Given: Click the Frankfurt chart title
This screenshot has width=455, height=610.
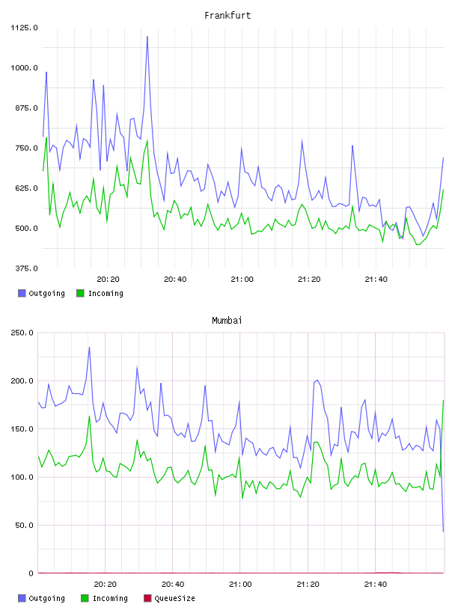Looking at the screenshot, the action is click(x=227, y=16).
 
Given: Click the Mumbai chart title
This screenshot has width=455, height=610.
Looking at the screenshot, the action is click(x=227, y=321).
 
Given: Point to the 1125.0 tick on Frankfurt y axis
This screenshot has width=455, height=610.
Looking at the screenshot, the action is click(x=24, y=28).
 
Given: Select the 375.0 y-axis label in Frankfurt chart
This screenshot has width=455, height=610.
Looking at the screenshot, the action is click(x=26, y=268).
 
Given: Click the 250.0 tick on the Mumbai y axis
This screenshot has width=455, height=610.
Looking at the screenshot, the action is click(x=22, y=333).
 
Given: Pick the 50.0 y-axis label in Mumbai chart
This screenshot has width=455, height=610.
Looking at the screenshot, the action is click(x=24, y=526).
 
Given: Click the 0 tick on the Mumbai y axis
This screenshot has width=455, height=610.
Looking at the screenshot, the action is click(x=31, y=573).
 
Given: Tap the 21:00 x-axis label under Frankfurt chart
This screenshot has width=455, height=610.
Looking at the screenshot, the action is click(x=242, y=280).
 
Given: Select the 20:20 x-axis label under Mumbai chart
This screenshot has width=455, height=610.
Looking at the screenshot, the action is click(x=106, y=585).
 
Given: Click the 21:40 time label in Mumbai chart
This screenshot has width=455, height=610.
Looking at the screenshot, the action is click(x=376, y=585).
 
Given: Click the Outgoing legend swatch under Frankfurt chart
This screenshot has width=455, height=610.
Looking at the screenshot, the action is click(x=22, y=293).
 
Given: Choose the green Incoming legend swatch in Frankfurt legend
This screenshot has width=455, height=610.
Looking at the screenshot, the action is click(x=80, y=293).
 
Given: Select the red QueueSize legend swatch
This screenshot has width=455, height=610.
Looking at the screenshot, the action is click(x=147, y=598).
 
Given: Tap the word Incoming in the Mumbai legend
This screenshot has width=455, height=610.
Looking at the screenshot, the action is click(x=110, y=598).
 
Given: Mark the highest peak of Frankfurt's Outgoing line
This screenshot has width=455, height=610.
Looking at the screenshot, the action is click(x=147, y=37).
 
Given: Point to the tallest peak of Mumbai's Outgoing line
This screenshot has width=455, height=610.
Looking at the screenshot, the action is click(x=89, y=347).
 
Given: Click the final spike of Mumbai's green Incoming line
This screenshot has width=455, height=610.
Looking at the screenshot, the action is click(x=443, y=401).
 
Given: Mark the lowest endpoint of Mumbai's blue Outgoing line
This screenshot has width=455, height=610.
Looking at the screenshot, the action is click(x=443, y=532).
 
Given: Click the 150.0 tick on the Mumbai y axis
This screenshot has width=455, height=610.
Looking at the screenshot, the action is click(x=22, y=429).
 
